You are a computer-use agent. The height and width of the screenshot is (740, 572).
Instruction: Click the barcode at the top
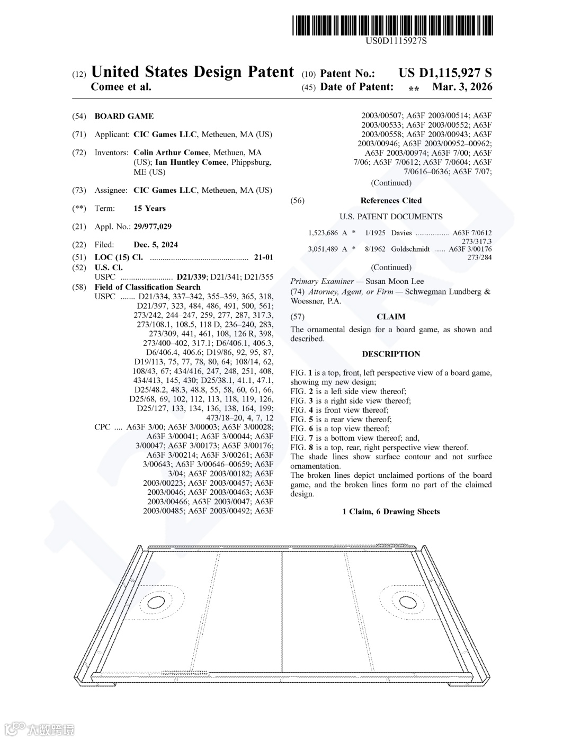pyautogui.click(x=392, y=25)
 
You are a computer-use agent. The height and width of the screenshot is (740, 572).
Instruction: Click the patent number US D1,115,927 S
pyautogui.click(x=445, y=73)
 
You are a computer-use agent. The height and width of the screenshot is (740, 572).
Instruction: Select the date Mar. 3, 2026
pyautogui.click(x=462, y=87)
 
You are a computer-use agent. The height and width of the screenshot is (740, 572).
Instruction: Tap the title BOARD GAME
pyautogui.click(x=124, y=116)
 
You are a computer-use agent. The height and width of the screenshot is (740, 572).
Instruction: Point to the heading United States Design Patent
pyautogui.click(x=192, y=72)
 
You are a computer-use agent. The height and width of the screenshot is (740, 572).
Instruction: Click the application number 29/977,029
pyautogui.click(x=153, y=227)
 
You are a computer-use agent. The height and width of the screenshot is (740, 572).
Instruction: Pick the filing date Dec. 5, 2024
pyautogui.click(x=156, y=245)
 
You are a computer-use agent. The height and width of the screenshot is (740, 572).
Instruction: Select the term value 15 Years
pyautogui.click(x=149, y=208)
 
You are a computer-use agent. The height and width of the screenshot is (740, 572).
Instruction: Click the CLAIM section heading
pyautogui.click(x=391, y=317)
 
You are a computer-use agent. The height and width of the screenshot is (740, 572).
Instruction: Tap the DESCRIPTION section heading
pyautogui.click(x=391, y=354)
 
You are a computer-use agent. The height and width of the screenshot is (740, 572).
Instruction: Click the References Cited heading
pyautogui.click(x=391, y=200)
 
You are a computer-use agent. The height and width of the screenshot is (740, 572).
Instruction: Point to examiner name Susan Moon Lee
pyautogui.click(x=395, y=281)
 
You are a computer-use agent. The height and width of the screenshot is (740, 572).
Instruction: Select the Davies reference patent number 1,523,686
pyautogui.click(x=323, y=233)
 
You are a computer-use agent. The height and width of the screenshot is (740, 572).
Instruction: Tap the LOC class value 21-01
pyautogui.click(x=263, y=257)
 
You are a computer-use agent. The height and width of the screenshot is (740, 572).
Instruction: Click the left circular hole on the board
pyautogui.click(x=157, y=602)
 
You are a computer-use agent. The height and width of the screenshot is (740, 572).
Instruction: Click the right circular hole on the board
pyautogui.click(x=408, y=602)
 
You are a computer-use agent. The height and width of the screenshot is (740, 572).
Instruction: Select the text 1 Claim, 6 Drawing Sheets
pyautogui.click(x=391, y=511)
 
